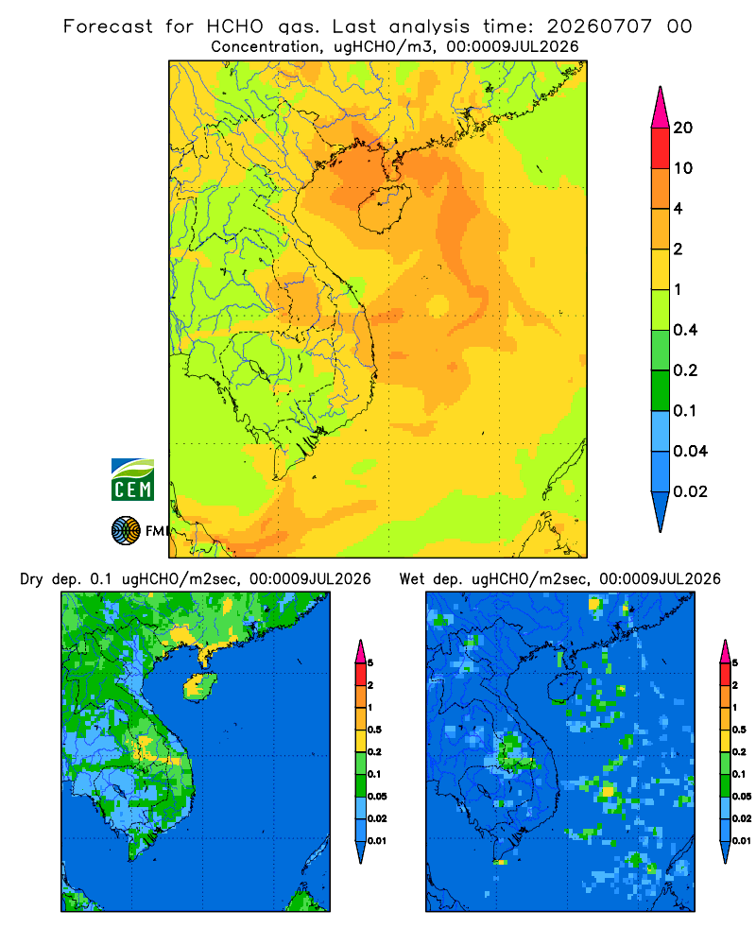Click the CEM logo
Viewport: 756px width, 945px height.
coord(132,479)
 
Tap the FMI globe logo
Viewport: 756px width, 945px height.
coord(126,531)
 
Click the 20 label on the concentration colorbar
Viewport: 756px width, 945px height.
coord(683,128)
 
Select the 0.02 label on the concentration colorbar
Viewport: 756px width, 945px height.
coord(690,491)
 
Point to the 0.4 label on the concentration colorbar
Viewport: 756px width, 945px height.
coord(685,330)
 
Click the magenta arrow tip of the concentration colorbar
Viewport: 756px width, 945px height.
coord(661,107)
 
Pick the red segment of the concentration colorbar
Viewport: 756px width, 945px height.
coord(661,148)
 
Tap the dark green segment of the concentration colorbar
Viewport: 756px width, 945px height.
coord(661,390)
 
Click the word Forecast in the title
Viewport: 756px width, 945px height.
coord(108,26)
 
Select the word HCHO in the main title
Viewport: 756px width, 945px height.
coord(235,26)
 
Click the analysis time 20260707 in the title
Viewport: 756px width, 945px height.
coord(599,26)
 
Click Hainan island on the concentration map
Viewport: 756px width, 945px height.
coord(385,208)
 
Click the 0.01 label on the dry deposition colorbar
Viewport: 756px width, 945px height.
coord(377,841)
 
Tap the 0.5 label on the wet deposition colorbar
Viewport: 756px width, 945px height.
coord(739,730)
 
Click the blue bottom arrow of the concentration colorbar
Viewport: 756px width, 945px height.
coord(661,511)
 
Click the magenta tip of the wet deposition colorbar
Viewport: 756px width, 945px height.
coord(725,651)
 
